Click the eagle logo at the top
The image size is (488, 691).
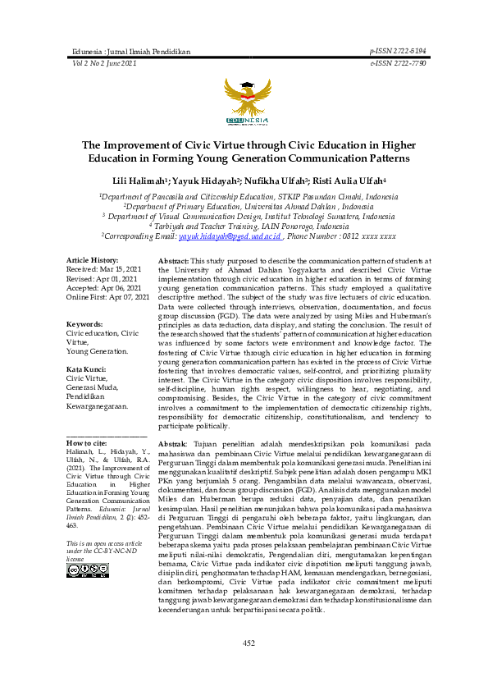[243, 99]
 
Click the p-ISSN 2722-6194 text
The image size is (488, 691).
[398, 51]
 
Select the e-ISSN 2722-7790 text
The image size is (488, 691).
[398, 62]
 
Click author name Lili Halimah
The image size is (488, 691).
[136, 180]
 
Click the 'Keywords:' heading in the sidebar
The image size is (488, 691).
[84, 324]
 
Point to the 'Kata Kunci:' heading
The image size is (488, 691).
[88, 369]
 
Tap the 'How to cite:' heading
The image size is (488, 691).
[85, 443]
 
